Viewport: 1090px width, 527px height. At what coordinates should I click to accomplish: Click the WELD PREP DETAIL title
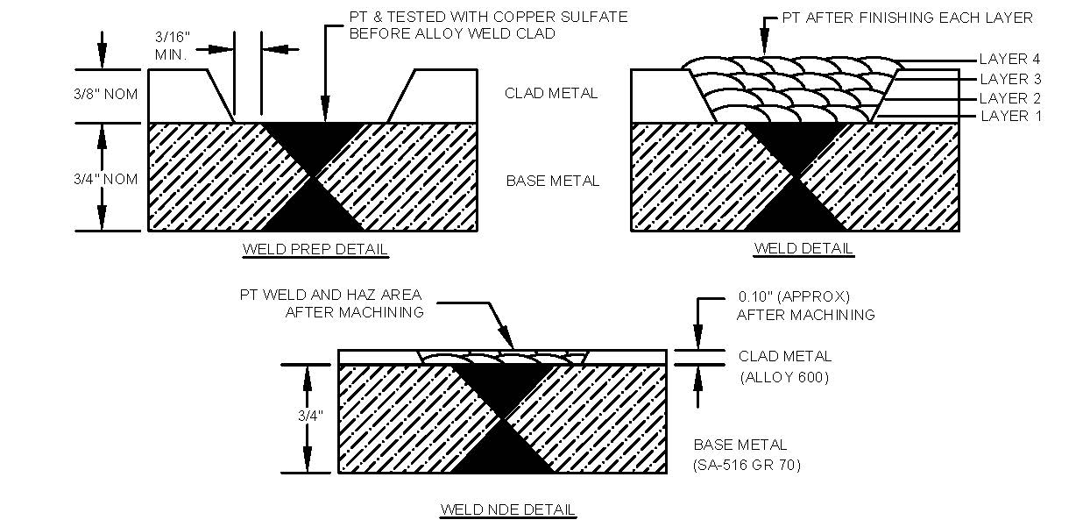tap(315, 250)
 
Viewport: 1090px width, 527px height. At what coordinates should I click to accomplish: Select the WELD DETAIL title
tap(803, 249)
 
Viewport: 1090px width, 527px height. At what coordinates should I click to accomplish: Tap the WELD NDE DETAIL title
tap(507, 509)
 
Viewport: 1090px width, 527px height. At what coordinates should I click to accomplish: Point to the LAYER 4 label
tap(1009, 60)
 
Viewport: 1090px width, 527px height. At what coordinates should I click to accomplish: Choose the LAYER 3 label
tap(1009, 79)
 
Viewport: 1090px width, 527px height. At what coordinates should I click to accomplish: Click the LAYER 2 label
tap(1009, 98)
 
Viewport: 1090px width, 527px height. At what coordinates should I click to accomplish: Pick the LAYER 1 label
tap(1009, 117)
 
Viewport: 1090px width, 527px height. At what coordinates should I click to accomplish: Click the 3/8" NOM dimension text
tap(106, 94)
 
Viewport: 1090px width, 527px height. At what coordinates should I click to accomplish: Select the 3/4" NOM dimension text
tap(105, 180)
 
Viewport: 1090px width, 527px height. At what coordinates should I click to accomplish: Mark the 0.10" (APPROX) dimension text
tap(794, 296)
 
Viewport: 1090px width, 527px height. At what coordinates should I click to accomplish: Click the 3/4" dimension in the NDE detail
tap(308, 416)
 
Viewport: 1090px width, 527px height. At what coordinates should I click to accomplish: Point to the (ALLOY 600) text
tap(785, 378)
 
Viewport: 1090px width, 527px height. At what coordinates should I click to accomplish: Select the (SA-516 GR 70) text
tap(747, 465)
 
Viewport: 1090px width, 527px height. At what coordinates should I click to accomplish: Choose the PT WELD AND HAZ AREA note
tap(332, 295)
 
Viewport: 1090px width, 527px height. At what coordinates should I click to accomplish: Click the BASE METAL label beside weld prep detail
tap(553, 182)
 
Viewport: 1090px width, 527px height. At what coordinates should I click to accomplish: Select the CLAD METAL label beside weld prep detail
tap(551, 93)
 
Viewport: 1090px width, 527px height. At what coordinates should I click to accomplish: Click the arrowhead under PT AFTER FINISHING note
tap(764, 46)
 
